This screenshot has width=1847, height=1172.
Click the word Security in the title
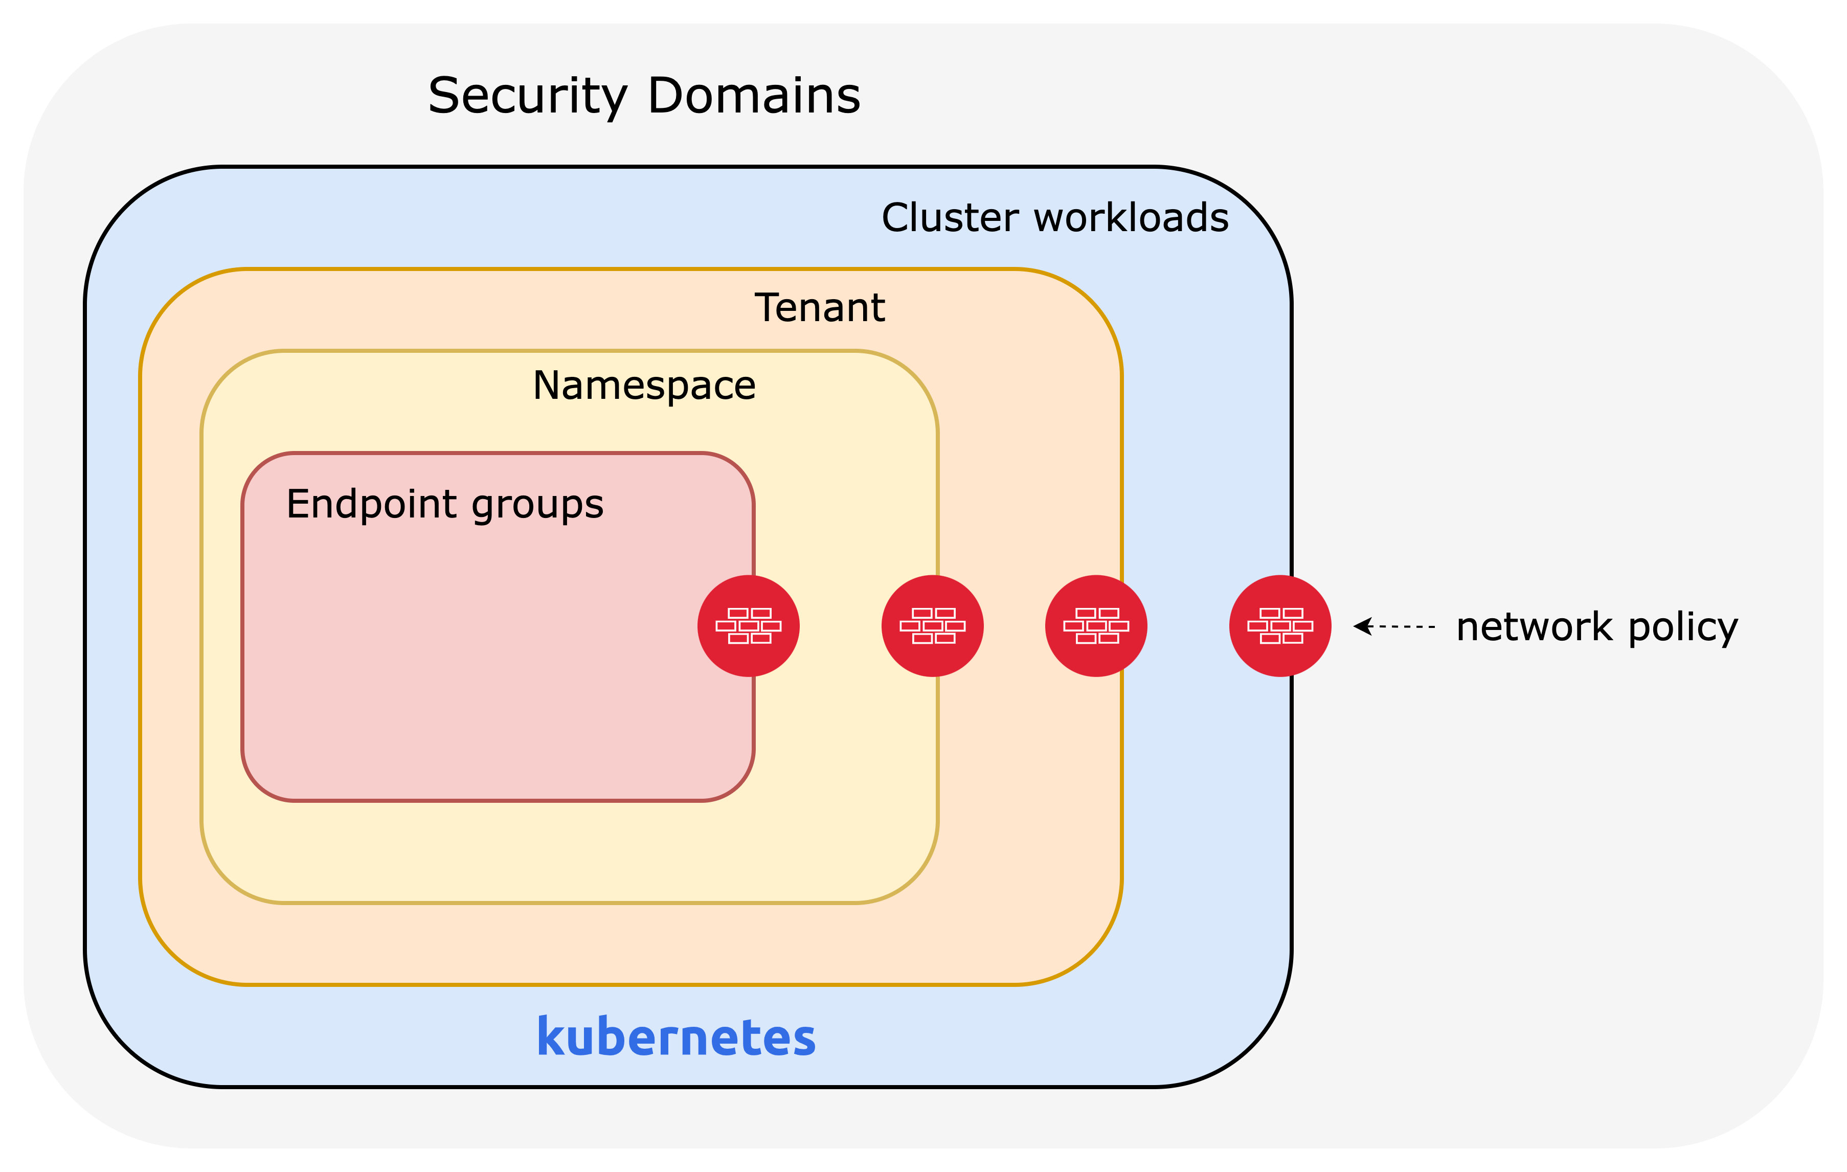coord(528,97)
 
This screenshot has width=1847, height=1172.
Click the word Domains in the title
coord(753,97)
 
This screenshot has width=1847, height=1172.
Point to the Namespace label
coord(644,386)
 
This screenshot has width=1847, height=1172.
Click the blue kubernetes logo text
coord(676,1037)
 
